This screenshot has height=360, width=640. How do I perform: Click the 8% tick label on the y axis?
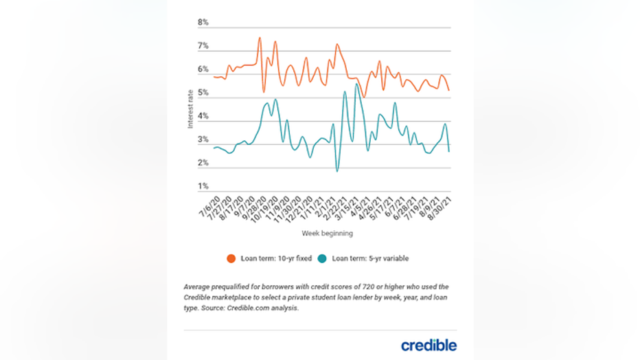click(x=203, y=23)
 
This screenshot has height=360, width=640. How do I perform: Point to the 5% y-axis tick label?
click(x=203, y=93)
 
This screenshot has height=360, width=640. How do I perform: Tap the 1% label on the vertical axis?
click(x=203, y=186)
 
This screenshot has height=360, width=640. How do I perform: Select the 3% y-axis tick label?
click(x=203, y=139)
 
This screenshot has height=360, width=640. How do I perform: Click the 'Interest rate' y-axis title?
click(x=190, y=109)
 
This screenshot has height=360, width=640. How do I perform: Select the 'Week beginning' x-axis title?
click(x=327, y=234)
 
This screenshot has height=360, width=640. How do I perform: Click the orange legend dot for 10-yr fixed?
click(x=231, y=259)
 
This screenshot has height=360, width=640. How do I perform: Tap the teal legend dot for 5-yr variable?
click(x=323, y=259)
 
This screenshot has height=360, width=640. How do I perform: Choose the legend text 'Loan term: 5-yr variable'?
click(x=371, y=259)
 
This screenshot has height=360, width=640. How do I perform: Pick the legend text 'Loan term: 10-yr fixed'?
click(x=275, y=259)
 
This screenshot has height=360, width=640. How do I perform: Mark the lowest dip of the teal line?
click(x=337, y=171)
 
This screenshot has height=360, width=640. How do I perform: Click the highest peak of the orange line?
click(x=260, y=37)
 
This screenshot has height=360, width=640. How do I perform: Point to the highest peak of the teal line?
click(x=356, y=84)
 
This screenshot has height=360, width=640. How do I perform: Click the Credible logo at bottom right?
click(x=428, y=344)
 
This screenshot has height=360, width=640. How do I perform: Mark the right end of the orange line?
click(x=449, y=91)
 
